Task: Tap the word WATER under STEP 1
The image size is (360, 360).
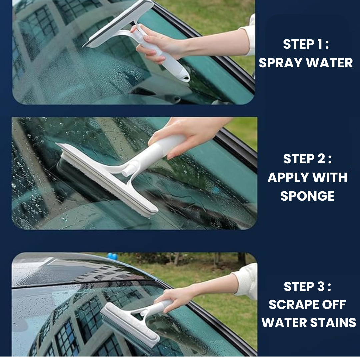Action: pyautogui.click(x=329, y=63)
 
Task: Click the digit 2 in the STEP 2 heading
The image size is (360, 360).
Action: pyautogui.click(x=321, y=159)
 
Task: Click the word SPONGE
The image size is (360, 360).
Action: pyautogui.click(x=307, y=196)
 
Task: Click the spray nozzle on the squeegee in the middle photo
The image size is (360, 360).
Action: pyautogui.click(x=127, y=171)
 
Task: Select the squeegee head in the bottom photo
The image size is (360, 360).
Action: pyautogui.click(x=130, y=324)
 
